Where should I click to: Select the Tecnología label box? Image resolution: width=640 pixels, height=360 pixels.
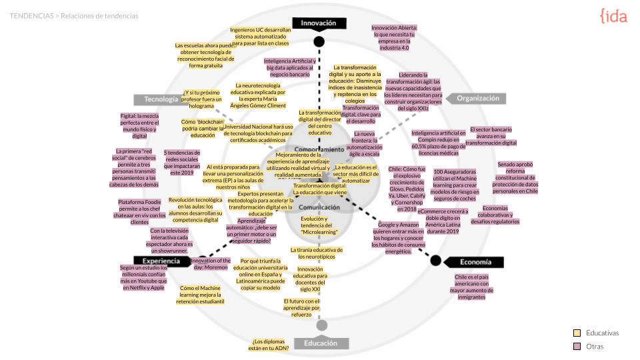click(161, 99)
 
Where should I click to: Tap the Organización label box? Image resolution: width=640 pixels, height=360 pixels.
click(477, 99)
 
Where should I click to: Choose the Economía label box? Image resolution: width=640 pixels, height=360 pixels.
click(475, 261)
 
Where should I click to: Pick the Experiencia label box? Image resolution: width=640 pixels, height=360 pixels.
click(161, 261)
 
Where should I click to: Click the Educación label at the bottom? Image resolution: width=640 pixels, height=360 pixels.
click(321, 343)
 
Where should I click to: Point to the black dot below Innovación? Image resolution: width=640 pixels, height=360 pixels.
click(319, 41)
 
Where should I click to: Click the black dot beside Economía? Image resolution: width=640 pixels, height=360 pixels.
click(435, 260)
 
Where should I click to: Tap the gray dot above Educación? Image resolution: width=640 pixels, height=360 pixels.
click(322, 325)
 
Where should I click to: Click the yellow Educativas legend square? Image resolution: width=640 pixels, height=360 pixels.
click(577, 333)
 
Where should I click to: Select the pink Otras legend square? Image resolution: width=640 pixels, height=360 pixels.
click(577, 347)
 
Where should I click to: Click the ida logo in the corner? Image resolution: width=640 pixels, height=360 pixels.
click(613, 16)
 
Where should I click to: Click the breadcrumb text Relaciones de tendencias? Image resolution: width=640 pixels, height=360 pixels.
click(100, 15)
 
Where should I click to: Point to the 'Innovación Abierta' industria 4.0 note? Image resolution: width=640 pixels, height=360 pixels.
click(395, 38)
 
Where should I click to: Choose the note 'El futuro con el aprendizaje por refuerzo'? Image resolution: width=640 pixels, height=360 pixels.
click(302, 307)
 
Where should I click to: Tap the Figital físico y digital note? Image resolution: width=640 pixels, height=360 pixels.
click(139, 126)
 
